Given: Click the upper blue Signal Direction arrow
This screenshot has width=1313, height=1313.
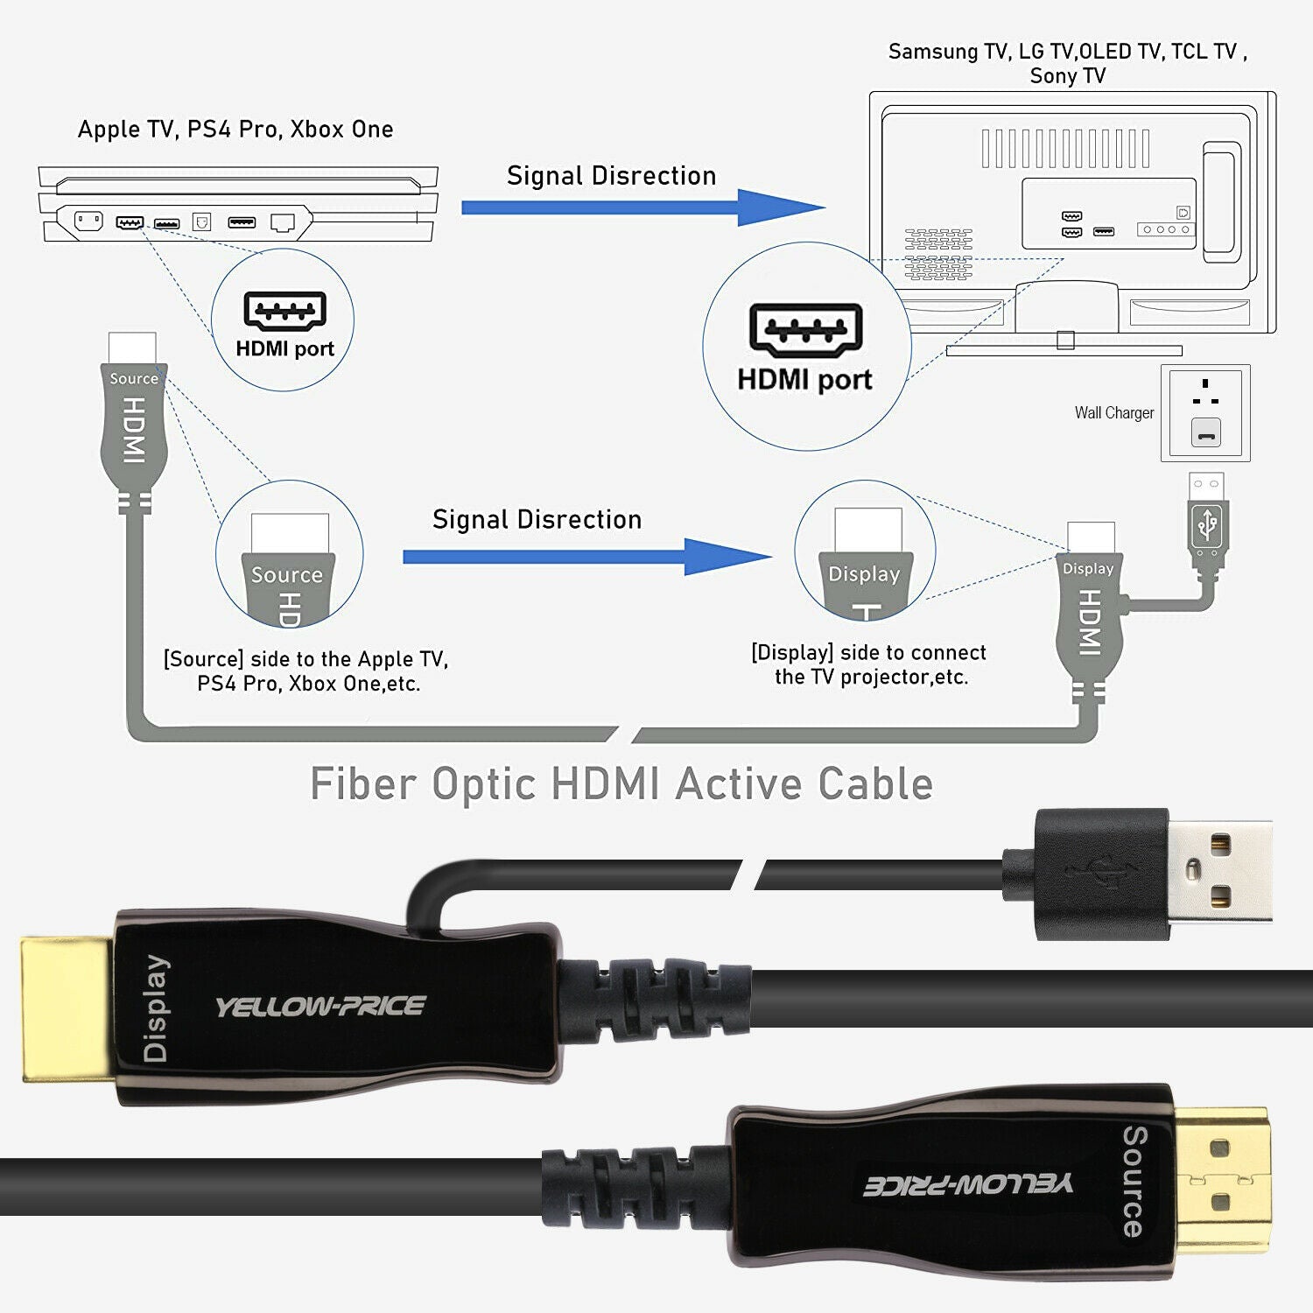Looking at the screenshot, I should point(643,207).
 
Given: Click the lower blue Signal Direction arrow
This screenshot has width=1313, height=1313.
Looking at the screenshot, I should point(586,557).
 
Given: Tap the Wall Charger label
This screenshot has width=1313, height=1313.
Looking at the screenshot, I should point(1113,413).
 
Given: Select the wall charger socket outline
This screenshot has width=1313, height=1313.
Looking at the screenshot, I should point(1205,413).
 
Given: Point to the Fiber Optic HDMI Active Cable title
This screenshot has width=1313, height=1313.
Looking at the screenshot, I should point(621,783).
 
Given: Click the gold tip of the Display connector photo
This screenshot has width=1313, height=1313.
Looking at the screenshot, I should point(67,1008).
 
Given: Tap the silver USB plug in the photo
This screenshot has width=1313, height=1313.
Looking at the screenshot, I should point(1220,871).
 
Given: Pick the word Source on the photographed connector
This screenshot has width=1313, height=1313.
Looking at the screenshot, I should point(1134,1181).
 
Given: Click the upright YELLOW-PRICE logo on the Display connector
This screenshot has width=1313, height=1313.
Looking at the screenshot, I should point(320,1007).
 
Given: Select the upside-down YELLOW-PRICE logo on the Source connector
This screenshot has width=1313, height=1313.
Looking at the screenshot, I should point(967,1184).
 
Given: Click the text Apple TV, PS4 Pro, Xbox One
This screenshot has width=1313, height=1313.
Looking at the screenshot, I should point(235,130).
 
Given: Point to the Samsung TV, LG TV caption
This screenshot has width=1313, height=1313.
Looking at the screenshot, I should point(1067,63).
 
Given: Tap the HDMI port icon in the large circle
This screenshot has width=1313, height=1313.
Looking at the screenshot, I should point(806,330).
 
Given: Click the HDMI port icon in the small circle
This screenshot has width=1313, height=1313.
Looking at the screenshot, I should point(285,311).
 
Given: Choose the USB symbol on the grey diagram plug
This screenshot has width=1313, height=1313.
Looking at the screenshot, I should point(1208,525).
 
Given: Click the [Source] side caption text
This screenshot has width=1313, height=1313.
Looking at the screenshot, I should point(306,671).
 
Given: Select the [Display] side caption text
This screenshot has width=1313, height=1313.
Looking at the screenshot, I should point(869,664).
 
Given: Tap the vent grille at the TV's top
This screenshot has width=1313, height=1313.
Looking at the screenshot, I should point(1065,148).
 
